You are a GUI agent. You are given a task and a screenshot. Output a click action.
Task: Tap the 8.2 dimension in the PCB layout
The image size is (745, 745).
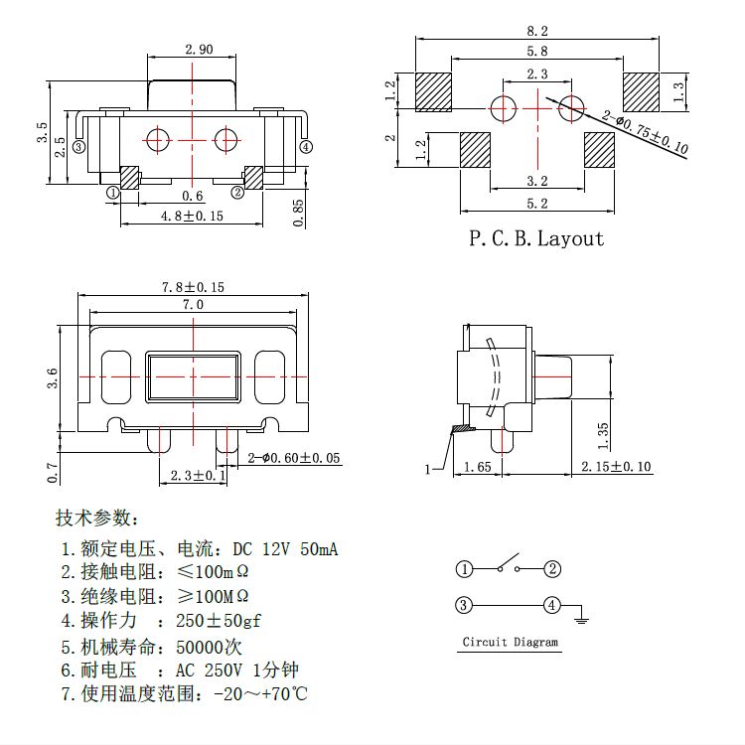tap(536, 31)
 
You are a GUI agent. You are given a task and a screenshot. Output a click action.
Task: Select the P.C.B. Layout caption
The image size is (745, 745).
tap(536, 238)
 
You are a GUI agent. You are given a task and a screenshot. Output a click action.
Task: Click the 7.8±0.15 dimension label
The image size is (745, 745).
tap(193, 286)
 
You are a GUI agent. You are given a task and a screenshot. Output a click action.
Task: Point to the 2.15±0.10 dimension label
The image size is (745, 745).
tap(617, 466)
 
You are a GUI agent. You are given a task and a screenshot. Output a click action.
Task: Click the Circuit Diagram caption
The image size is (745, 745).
tap(511, 642)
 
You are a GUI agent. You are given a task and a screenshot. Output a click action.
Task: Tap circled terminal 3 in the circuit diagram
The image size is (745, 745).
tap(464, 605)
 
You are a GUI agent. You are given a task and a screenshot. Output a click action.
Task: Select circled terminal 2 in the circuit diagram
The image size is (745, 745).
tap(553, 569)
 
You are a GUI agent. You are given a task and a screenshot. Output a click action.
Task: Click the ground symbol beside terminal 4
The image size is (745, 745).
tap(583, 619)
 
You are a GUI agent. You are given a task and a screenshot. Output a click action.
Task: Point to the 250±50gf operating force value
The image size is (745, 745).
tap(218, 621)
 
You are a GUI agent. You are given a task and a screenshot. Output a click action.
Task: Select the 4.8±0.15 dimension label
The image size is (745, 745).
tap(186, 216)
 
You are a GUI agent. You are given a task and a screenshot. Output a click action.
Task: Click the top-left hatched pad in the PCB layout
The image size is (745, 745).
tap(433, 92)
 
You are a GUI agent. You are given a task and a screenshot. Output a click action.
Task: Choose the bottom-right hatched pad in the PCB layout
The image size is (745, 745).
tap(600, 151)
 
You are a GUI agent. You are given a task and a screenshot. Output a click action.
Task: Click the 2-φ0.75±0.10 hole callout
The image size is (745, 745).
tap(646, 135)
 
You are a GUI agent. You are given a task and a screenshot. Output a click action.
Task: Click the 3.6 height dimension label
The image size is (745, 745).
tap(53, 377)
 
